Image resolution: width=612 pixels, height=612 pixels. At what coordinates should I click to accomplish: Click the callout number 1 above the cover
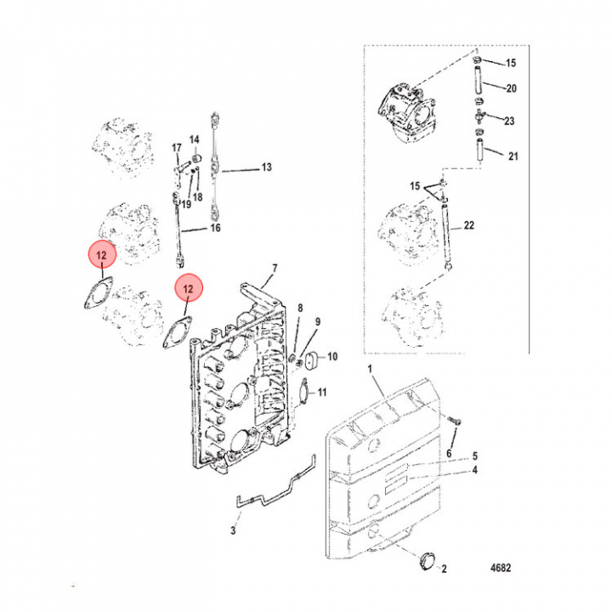(x=371, y=368)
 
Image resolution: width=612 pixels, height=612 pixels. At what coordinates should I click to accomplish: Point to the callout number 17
(x=177, y=148)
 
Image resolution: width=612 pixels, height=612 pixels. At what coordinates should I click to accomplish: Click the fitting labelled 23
(x=479, y=116)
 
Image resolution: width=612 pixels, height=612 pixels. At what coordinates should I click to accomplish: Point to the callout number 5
(x=475, y=456)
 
